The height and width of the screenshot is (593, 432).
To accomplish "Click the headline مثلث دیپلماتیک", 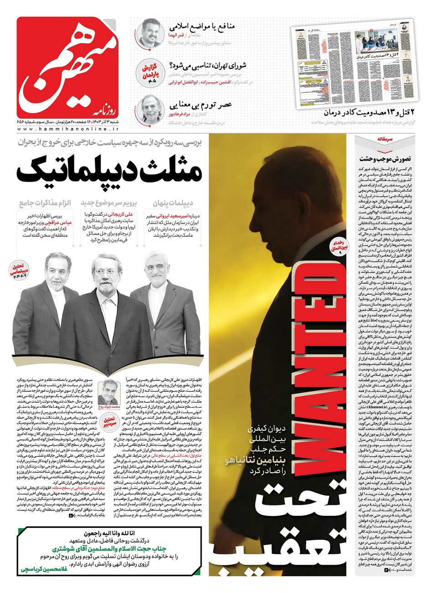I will (109, 172).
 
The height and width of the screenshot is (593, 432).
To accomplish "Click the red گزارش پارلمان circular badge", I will (149, 71).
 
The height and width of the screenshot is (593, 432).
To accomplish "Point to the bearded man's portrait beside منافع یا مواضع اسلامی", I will (149, 32).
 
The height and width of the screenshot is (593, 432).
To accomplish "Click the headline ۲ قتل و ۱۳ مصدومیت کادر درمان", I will (367, 112).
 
